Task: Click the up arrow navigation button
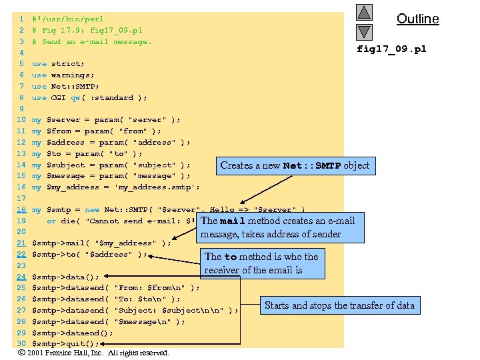pos(364,13)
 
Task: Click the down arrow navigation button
pos(364,31)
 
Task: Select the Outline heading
pos(417,19)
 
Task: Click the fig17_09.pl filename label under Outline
pos(391,49)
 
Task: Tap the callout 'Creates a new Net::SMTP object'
pos(294,165)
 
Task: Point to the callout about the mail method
pos(281,227)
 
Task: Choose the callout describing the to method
pos(262,263)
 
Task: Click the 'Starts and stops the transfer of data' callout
pos(339,305)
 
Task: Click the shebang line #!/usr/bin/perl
pos(67,19)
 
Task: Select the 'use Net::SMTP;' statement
pos(65,87)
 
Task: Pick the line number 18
pos(21,210)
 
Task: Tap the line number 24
pos(21,277)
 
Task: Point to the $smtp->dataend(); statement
pos(72,333)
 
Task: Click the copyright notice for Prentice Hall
pos(93,353)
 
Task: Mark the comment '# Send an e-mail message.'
pos(91,42)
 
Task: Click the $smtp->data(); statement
pos(65,277)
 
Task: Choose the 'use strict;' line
pos(58,64)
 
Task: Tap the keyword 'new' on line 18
pos(92,210)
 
